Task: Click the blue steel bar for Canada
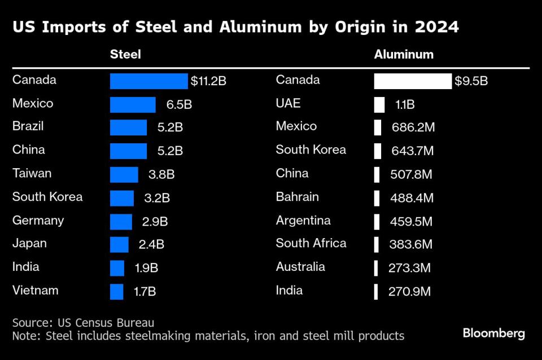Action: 148,81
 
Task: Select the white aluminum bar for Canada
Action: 413,81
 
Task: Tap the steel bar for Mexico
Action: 133,104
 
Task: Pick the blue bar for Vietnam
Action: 116,292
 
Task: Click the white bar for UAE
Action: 379,104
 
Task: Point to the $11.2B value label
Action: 208,81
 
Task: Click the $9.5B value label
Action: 471,81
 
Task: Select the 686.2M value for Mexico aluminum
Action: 413,128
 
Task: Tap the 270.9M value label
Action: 409,292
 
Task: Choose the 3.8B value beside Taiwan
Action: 161,174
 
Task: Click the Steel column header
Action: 125,55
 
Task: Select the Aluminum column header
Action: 404,55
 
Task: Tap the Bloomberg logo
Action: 493,333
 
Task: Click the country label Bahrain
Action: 297,197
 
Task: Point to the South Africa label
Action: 311,243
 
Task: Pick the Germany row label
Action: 38,221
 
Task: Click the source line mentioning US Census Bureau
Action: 83,323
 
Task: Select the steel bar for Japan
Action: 119,244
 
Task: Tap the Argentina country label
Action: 303,221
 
